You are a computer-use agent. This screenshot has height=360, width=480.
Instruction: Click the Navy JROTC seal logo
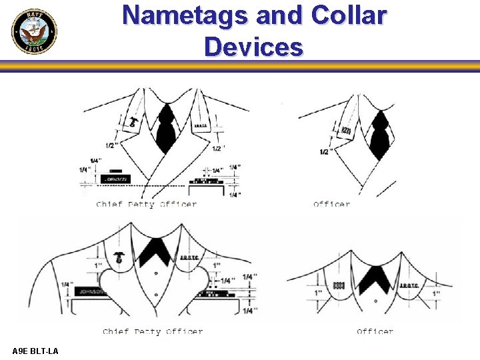pyautogui.click(x=34, y=31)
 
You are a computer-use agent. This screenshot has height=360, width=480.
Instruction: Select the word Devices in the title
pyautogui.click(x=253, y=47)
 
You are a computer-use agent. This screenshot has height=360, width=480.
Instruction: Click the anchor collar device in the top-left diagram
pyautogui.click(x=134, y=122)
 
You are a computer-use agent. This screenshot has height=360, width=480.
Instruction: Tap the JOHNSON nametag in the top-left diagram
pyautogui.click(x=115, y=179)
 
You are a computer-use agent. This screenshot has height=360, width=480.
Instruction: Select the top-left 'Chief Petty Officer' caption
pyautogui.click(x=146, y=204)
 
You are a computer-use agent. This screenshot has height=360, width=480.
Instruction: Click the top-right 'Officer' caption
pyautogui.click(x=331, y=204)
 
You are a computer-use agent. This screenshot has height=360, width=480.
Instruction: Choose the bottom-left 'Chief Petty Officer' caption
pyautogui.click(x=153, y=331)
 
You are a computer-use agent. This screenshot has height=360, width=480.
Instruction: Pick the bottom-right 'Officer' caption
pyautogui.click(x=375, y=331)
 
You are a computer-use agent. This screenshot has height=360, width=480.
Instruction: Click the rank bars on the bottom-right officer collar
pyautogui.click(x=338, y=283)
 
